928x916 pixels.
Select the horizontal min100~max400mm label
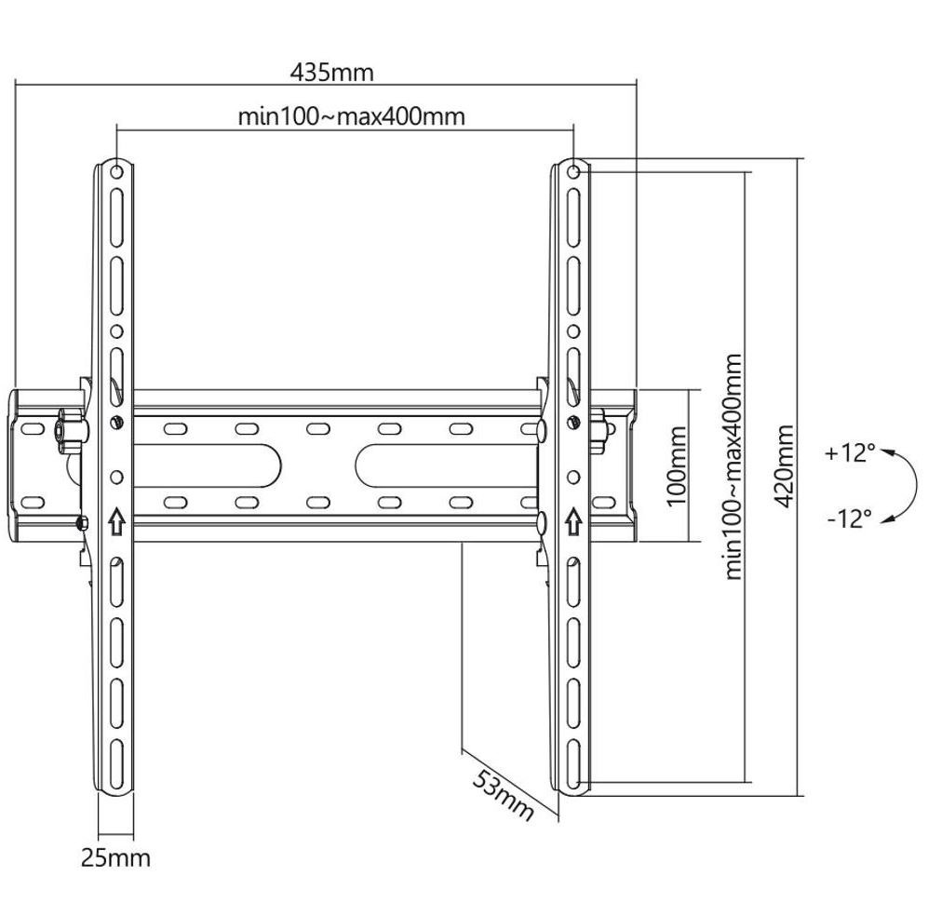[x=351, y=116]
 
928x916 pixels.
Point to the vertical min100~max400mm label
[x=736, y=465]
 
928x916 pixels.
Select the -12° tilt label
[x=849, y=518]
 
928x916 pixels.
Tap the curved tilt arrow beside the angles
[x=897, y=485]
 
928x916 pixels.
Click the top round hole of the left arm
[x=116, y=171]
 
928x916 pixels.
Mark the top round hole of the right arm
[x=574, y=171]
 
